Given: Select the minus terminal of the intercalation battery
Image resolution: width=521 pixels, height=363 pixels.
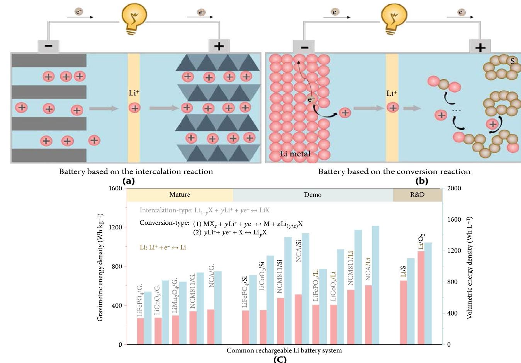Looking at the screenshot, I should [x=48, y=46].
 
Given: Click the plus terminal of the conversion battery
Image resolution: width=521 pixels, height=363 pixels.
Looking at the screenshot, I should [x=480, y=47].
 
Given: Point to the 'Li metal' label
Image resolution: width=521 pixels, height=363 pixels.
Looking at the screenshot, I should [x=295, y=154].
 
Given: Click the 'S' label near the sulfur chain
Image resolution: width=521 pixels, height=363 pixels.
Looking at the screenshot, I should [x=513, y=61].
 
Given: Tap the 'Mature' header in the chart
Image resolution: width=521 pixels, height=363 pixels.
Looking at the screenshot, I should [x=180, y=195].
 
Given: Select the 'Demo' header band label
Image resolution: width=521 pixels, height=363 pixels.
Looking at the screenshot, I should [x=312, y=195].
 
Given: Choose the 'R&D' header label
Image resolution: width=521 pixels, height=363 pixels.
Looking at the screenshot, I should [x=417, y=195].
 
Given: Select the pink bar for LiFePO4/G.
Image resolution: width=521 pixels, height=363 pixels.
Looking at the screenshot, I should [x=140, y=331].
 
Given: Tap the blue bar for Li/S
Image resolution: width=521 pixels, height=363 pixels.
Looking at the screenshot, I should [x=411, y=301].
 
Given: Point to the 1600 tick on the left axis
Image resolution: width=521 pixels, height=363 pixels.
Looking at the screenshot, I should [x=115, y=188].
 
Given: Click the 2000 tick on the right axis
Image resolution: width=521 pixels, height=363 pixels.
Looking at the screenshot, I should [x=454, y=188].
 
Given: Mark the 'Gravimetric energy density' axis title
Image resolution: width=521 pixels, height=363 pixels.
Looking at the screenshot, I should [x=100, y=267].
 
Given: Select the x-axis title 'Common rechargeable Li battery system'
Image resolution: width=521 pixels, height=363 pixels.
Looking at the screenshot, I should [x=284, y=351].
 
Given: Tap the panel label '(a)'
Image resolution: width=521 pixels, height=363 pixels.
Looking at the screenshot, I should [x=128, y=181].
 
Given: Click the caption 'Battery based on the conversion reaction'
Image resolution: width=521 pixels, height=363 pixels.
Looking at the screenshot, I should [x=394, y=171].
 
